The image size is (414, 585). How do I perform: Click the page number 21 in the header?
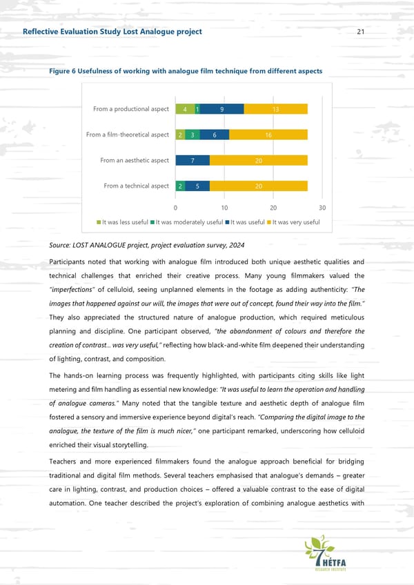point(361,32)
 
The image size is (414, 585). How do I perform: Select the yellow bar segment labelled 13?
point(275,109)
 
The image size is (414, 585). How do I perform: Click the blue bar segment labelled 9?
point(221,109)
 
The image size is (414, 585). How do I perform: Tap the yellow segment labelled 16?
point(268,135)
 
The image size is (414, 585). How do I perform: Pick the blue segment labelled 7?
point(192,160)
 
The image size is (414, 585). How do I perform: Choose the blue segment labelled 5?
point(197,186)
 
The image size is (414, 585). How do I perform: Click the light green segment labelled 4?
point(185,109)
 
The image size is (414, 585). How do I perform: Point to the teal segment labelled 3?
point(193,135)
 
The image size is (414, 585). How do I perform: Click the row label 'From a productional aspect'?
point(131,109)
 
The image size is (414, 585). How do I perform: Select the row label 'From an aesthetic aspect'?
point(135,160)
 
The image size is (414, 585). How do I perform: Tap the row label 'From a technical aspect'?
point(136,186)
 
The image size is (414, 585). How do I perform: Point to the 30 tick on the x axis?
point(323,208)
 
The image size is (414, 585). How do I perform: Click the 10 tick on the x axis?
point(224,208)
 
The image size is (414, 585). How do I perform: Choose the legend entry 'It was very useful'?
point(293,222)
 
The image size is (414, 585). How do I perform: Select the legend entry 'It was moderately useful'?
point(186,222)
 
